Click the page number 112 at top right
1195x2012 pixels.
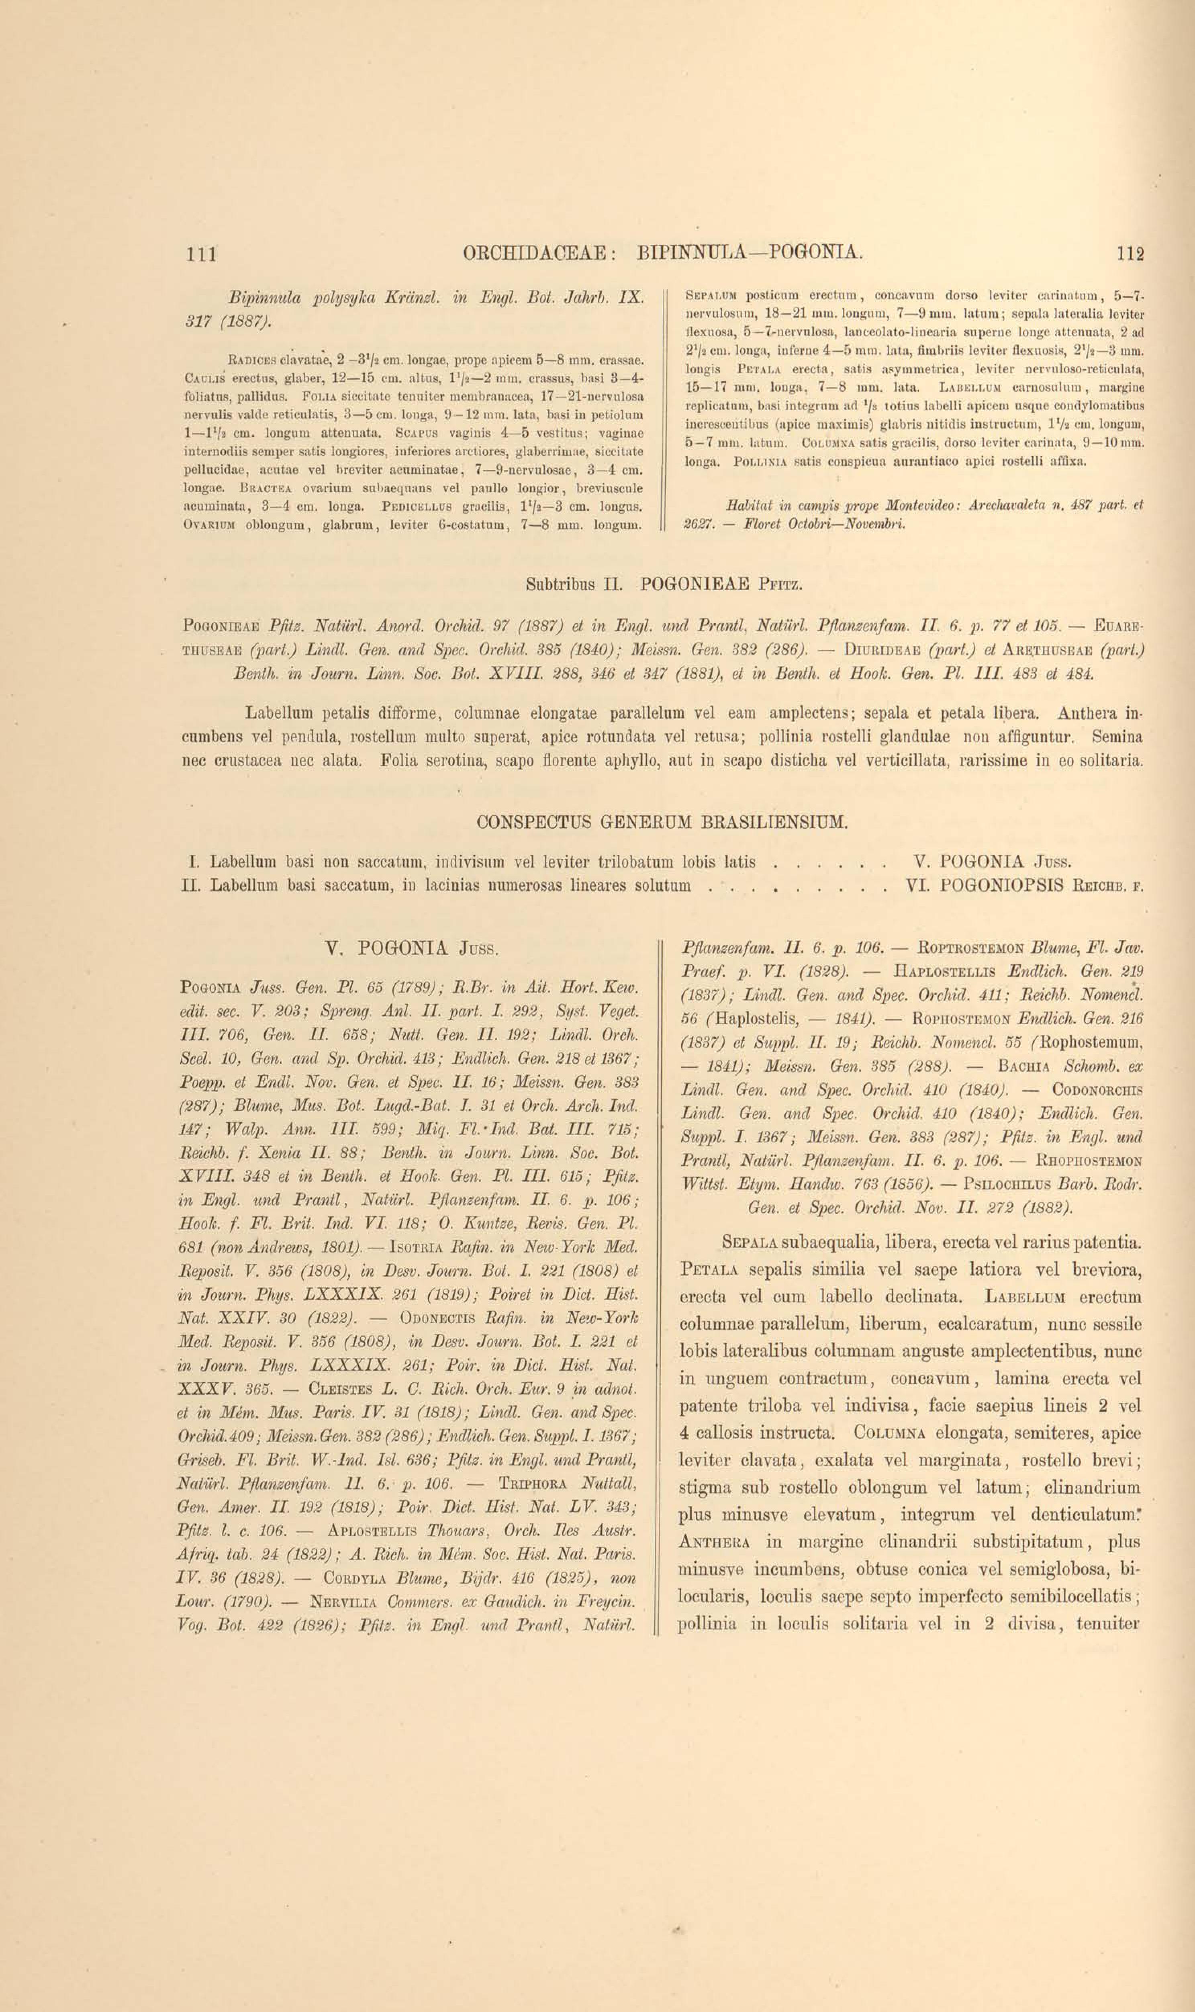pyautogui.click(x=1131, y=254)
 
